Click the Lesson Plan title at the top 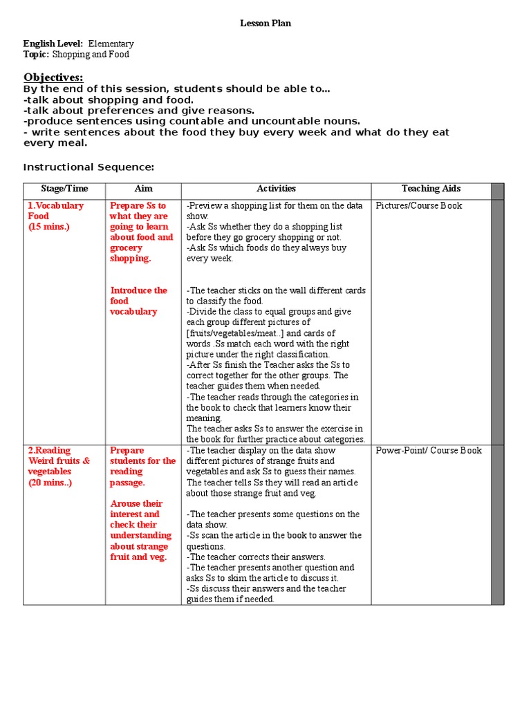(265, 24)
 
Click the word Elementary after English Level (111, 44)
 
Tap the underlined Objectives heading (53, 77)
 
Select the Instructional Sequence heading (88, 167)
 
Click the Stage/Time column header (64, 189)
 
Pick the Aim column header (144, 189)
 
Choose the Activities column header (276, 189)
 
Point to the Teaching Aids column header (431, 189)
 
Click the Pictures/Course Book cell (419, 205)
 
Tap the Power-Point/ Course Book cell (429, 451)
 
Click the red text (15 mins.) (49, 227)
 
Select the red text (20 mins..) (50, 483)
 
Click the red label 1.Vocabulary (56, 205)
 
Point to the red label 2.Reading (49, 451)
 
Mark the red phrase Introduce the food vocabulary (138, 301)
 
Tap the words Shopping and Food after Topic (91, 55)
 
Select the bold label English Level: (53, 44)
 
